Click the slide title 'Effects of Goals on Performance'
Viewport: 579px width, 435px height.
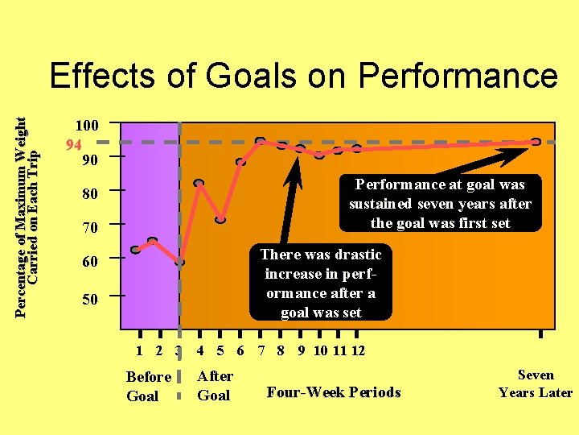[303, 77]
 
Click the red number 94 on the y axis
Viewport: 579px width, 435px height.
[73, 145]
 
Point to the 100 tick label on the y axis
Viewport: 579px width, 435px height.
[87, 126]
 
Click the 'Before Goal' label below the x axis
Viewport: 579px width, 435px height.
[149, 386]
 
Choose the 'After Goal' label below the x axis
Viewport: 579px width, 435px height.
[215, 386]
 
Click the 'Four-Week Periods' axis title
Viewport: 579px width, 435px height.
[333, 392]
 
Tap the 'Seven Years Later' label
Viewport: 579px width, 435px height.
[535, 383]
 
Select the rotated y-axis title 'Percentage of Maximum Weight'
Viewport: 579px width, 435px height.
[22, 205]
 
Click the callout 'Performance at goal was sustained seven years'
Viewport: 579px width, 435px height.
[440, 204]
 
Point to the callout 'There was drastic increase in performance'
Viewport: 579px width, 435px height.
[321, 283]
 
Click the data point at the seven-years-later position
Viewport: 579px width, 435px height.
[536, 142]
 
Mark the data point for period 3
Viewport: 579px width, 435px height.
[180, 263]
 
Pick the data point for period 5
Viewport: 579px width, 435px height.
[220, 219]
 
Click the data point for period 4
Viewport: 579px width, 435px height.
[199, 183]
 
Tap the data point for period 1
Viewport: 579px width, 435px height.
[135, 250]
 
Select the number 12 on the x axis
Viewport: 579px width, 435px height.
[359, 350]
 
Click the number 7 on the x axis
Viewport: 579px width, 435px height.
[261, 350]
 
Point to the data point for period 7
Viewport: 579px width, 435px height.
[260, 142]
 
